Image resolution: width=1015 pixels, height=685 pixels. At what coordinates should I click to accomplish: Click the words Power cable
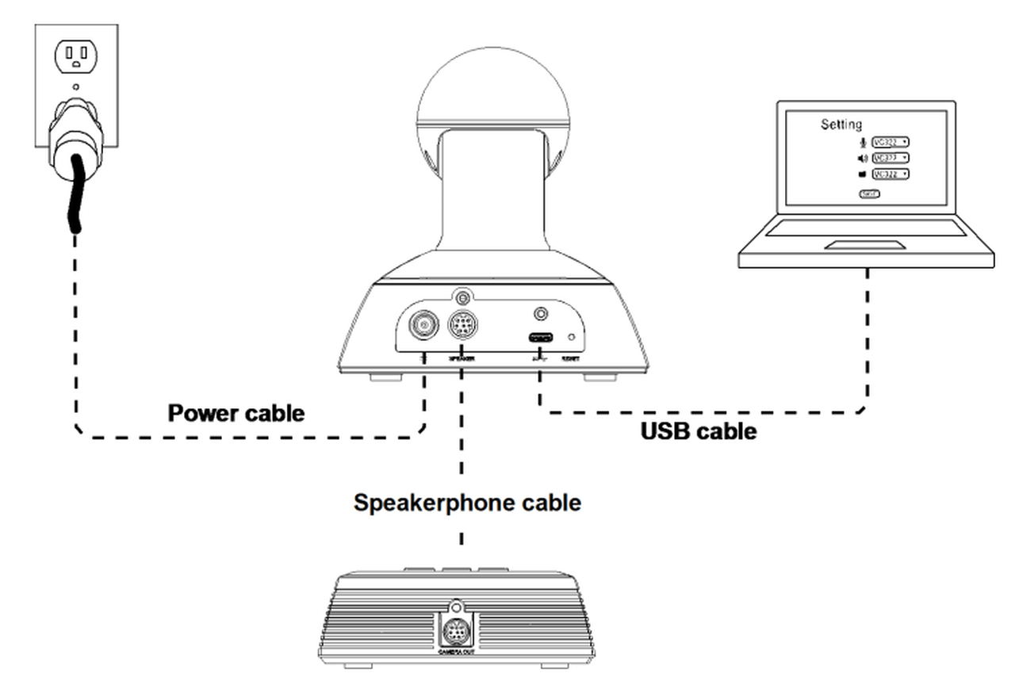pyautogui.click(x=236, y=413)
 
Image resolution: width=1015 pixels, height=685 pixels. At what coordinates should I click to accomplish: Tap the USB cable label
pyautogui.click(x=698, y=431)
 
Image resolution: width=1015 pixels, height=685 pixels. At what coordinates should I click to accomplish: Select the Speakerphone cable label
pyautogui.click(x=467, y=503)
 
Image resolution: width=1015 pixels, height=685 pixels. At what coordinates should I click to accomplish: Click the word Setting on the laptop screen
pyautogui.click(x=841, y=124)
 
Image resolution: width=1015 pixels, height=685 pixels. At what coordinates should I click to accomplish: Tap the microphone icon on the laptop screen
pyautogui.click(x=864, y=142)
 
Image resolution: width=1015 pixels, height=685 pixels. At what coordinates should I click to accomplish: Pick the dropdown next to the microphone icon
pyautogui.click(x=890, y=142)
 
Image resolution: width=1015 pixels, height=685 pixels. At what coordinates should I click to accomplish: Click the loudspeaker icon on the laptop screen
pyautogui.click(x=864, y=159)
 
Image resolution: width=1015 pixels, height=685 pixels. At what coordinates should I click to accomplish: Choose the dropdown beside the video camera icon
pyautogui.click(x=890, y=174)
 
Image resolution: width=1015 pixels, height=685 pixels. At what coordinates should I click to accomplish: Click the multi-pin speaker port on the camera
pyautogui.click(x=462, y=325)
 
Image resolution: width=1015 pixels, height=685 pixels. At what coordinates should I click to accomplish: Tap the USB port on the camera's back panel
pyautogui.click(x=542, y=337)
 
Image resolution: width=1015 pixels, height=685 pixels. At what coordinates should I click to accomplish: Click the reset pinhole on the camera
pyautogui.click(x=572, y=337)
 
